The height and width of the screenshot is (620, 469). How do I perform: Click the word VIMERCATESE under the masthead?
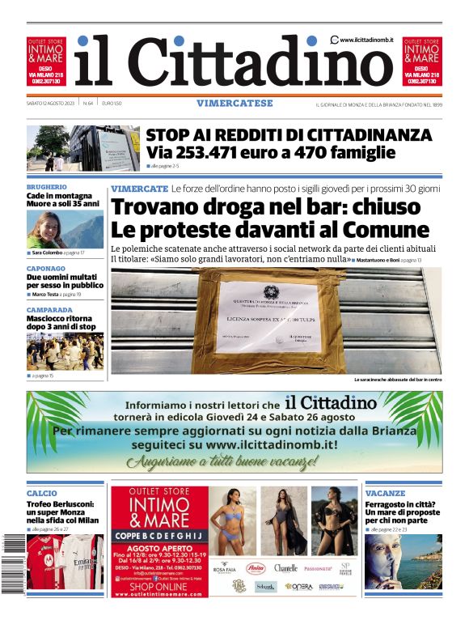click(234, 104)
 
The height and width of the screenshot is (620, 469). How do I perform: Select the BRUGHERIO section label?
click(48, 186)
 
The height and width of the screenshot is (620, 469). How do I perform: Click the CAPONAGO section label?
click(46, 268)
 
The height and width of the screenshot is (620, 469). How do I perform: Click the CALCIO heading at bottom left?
click(42, 493)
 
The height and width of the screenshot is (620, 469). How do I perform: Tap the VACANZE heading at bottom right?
click(385, 493)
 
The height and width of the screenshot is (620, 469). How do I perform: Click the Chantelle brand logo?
click(285, 568)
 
